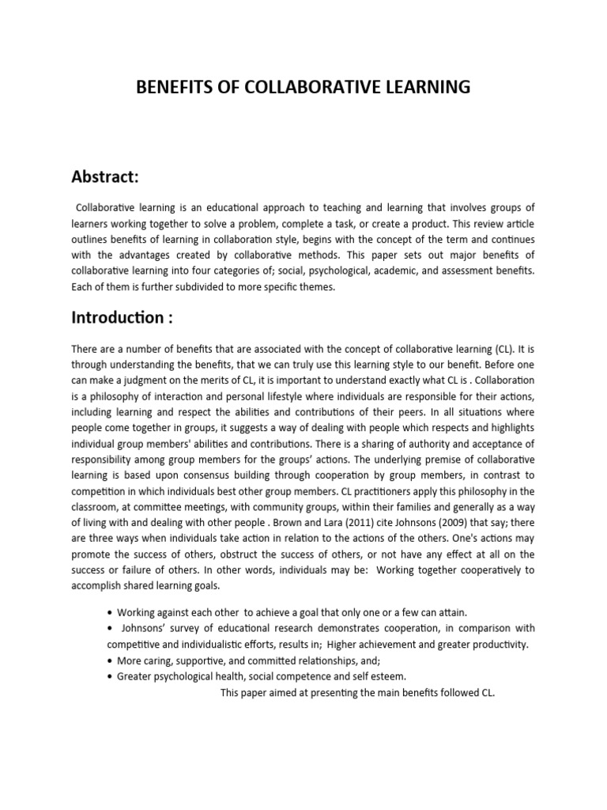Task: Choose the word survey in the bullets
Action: (x=189, y=628)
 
